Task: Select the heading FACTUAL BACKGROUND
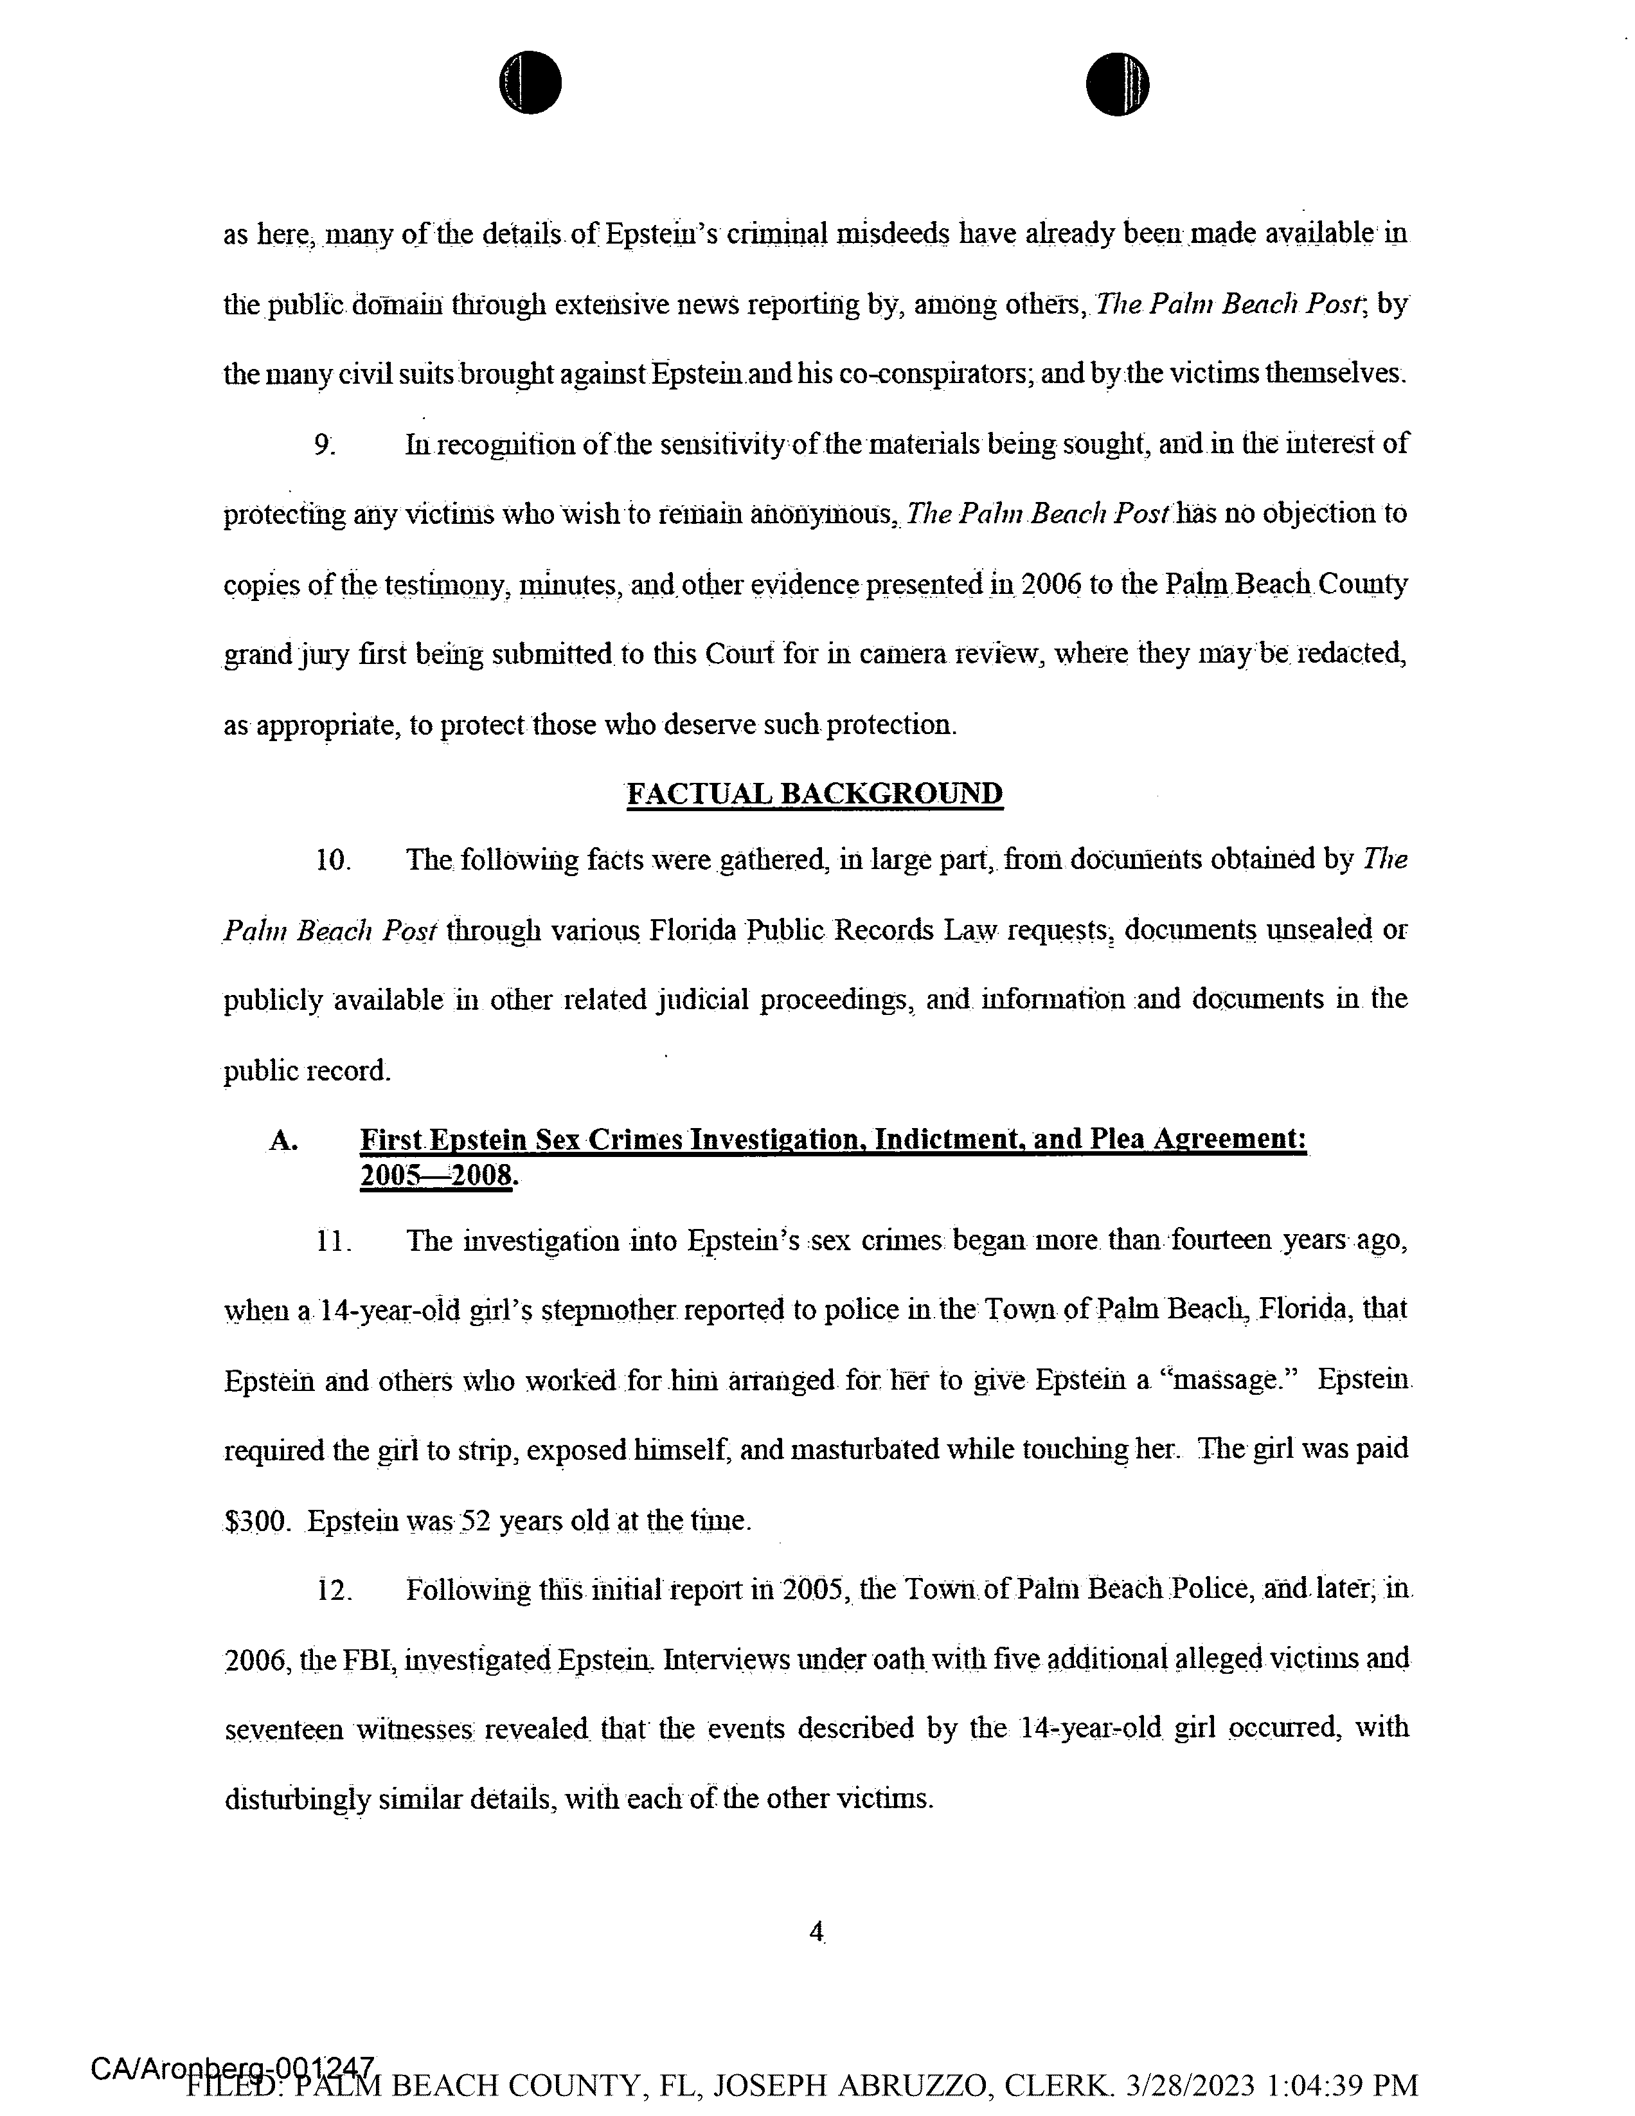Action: click(814, 793)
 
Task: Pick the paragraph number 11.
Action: click(332, 1241)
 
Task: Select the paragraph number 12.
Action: click(332, 1590)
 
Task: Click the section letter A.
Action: click(283, 1140)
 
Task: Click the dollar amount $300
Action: click(256, 1521)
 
